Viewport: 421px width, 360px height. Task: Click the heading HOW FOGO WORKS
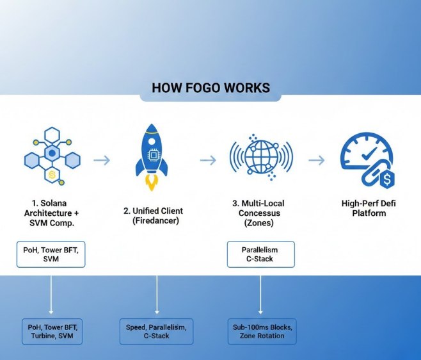210,87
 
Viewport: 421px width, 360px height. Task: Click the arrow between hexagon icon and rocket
102,160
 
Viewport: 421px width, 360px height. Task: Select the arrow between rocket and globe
208,160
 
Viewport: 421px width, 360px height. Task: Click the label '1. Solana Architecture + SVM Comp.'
51,213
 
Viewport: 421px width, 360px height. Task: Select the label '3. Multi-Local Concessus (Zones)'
260,213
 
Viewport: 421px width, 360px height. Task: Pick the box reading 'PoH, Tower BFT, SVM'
51,254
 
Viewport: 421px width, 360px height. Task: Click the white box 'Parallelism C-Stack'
261,254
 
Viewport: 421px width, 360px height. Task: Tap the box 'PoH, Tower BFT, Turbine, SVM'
52,331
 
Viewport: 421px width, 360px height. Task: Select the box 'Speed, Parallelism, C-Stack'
156,331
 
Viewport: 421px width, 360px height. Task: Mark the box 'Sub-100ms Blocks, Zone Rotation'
262,331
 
